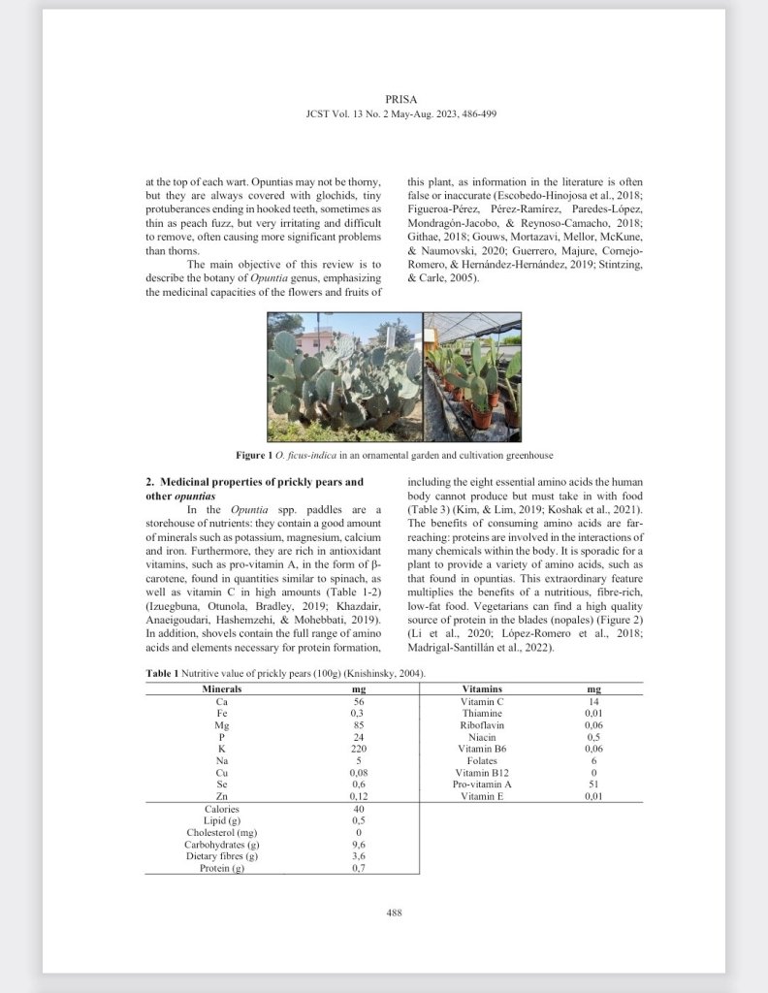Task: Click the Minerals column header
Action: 222,689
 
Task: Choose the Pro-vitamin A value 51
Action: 594,784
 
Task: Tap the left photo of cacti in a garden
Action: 344,376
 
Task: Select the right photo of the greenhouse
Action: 472,376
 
